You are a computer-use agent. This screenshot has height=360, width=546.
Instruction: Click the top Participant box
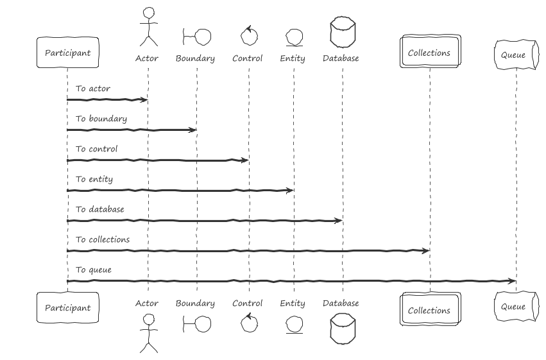pyautogui.click(x=68, y=52)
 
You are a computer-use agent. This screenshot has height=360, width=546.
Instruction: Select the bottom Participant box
pyautogui.click(x=68, y=307)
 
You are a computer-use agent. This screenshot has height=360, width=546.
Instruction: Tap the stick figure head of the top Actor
pyautogui.click(x=149, y=13)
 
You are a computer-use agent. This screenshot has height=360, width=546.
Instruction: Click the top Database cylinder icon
pyautogui.click(x=343, y=31)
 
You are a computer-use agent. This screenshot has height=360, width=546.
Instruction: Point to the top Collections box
pyautogui.click(x=431, y=51)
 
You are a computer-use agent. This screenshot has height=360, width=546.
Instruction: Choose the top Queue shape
pyautogui.click(x=516, y=55)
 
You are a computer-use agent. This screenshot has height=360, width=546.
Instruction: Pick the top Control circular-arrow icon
pyautogui.click(x=249, y=35)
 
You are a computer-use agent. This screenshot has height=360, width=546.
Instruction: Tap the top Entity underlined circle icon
pyautogui.click(x=294, y=38)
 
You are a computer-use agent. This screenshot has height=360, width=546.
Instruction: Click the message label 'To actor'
pyautogui.click(x=93, y=89)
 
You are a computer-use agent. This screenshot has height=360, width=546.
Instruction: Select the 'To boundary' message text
pyautogui.click(x=101, y=119)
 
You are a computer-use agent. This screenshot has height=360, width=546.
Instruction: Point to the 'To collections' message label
pyautogui.click(x=103, y=239)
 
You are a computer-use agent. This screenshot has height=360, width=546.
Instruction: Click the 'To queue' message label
pyautogui.click(x=94, y=270)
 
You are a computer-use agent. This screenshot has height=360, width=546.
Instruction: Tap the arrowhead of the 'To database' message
pyautogui.click(x=339, y=220)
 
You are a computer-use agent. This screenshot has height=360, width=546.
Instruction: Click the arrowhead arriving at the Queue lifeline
pyautogui.click(x=512, y=281)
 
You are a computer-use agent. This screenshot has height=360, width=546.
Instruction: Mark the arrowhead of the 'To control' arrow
pyautogui.click(x=245, y=160)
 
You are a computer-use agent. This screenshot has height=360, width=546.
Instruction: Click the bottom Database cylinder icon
pyautogui.click(x=343, y=329)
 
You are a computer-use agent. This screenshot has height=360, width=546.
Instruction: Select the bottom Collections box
pyautogui.click(x=431, y=309)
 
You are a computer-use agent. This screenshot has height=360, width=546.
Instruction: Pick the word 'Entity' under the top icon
pyautogui.click(x=293, y=58)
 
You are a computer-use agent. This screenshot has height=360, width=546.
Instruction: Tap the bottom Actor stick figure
pyautogui.click(x=149, y=333)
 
